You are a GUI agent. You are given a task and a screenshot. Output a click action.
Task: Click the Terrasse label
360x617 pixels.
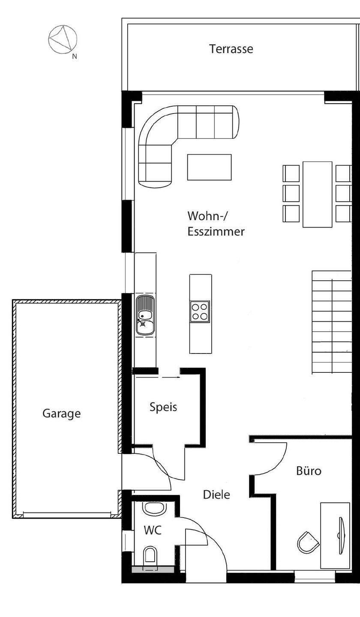[231, 49]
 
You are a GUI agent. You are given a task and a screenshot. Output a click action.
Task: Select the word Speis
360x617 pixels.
[163, 407]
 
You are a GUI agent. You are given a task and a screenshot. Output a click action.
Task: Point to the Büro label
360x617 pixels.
[309, 470]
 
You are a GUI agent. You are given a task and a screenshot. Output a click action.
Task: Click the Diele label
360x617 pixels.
[216, 495]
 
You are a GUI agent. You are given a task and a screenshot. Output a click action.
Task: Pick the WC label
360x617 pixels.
[153, 530]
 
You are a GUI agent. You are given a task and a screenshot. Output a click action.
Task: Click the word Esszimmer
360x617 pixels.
[216, 232]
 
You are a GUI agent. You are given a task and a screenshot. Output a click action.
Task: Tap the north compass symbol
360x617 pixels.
[63, 39]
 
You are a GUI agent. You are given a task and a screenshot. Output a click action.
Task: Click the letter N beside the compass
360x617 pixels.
[75, 57]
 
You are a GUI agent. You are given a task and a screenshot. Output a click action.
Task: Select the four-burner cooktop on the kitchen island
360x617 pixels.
[200, 311]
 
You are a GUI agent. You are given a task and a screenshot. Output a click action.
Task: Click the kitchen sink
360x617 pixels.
[145, 315]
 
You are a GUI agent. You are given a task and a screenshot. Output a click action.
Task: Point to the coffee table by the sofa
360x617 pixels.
[209, 167]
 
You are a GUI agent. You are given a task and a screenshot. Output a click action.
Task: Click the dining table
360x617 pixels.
[317, 195]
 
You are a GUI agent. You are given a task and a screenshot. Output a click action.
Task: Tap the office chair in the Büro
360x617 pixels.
[308, 542]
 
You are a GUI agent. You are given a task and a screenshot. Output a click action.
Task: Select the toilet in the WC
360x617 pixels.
[150, 554]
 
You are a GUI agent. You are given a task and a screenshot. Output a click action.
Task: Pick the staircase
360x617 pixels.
[332, 323]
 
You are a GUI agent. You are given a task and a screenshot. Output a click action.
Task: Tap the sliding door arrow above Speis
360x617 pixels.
[171, 377]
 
